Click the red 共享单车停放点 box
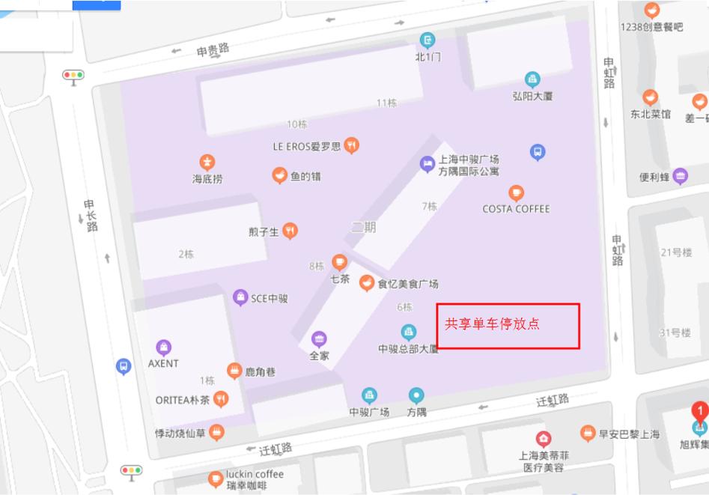[508, 326]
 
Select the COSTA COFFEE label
[516, 209]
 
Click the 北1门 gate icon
[427, 39]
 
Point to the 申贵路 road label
[213, 50]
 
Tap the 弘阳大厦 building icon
[532, 79]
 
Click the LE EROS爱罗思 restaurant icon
[351, 145]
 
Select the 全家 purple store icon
[320, 339]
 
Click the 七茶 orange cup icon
[340, 262]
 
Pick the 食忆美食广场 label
[407, 284]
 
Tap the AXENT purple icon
[163, 347]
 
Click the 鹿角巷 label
[260, 371]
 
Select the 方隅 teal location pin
[416, 395]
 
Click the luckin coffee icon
[216, 477]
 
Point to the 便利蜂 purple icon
[681, 177]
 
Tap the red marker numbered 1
[699, 411]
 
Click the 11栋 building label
[386, 103]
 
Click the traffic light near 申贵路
[73, 75]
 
